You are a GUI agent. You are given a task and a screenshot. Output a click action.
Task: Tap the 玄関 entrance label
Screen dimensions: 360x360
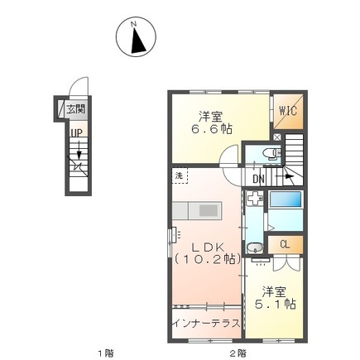tap(75, 109)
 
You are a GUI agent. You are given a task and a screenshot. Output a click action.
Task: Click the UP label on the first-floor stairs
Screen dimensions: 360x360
tap(76, 133)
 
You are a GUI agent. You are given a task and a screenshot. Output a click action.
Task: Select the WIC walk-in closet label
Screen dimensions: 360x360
tap(288, 111)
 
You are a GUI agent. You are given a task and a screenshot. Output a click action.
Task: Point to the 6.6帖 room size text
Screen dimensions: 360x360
tap(212, 128)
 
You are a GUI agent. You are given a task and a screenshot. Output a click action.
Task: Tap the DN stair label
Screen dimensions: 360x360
tap(258, 180)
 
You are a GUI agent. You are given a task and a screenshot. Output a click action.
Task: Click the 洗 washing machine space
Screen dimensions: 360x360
tap(180, 175)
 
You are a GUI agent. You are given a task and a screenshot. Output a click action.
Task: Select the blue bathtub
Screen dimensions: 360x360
tap(286, 199)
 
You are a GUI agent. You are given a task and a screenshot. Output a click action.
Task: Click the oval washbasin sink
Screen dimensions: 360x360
tap(255, 248)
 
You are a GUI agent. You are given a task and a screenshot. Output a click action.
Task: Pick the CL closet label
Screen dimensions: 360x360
tap(285, 244)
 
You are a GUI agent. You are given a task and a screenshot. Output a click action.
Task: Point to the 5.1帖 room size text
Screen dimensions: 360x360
tap(275, 305)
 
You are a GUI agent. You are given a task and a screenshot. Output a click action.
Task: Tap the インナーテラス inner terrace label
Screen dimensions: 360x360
tap(206, 323)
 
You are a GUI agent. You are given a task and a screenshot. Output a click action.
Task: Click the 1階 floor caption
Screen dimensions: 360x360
tap(106, 353)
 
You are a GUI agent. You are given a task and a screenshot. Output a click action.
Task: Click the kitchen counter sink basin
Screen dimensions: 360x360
tap(209, 210)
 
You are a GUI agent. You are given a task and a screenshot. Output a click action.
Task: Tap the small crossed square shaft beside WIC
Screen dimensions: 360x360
tap(276, 137)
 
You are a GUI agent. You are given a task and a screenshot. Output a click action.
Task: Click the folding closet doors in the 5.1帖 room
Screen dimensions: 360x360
tap(286, 263)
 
